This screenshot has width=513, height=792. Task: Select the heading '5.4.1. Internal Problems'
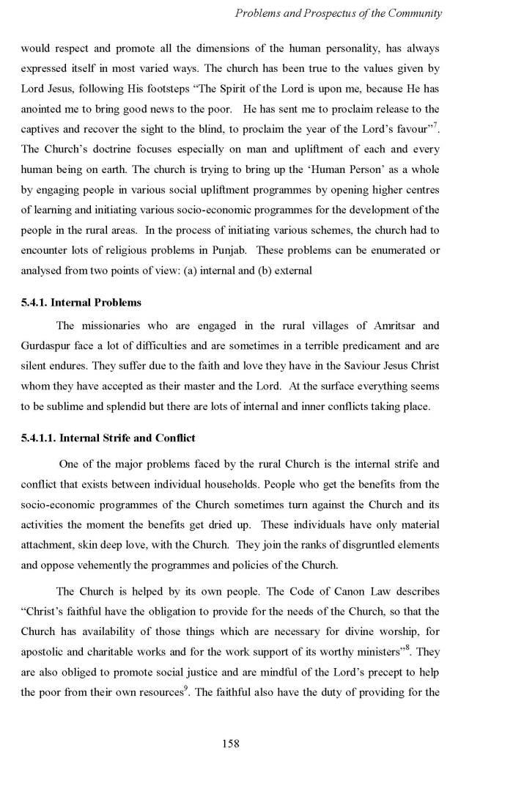81,302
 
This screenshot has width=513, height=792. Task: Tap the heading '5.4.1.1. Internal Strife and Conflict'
108,438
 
